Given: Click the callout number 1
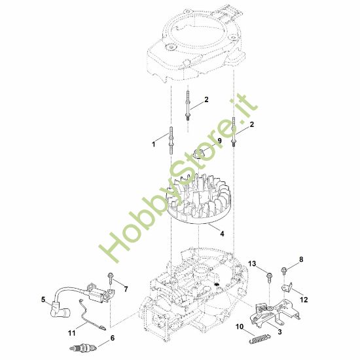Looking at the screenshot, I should point(154,141).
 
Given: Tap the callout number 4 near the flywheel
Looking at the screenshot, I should point(222,233).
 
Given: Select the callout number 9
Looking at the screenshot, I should point(219,140).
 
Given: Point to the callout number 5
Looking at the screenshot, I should point(43,300).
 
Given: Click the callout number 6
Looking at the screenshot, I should point(112,338).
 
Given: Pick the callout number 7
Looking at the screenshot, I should point(126,289).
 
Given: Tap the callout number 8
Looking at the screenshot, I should point(302,260).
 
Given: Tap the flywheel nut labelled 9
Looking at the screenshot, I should point(204,154).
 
